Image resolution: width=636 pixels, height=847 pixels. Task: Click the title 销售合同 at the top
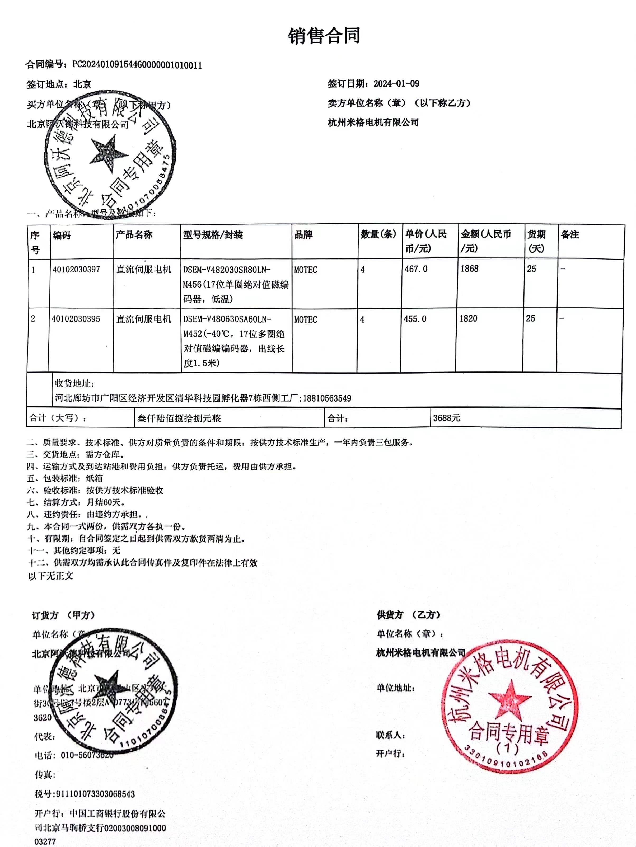click(324, 36)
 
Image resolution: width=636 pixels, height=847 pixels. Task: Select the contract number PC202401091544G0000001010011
click(137, 65)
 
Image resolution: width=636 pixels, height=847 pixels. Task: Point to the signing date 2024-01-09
click(396, 83)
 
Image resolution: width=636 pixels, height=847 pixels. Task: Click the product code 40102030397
click(76, 270)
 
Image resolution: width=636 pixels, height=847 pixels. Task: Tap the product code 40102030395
click(76, 319)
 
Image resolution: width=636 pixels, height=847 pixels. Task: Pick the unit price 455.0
click(415, 319)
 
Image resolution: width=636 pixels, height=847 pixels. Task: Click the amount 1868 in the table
click(469, 269)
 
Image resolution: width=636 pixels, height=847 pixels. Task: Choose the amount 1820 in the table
click(468, 319)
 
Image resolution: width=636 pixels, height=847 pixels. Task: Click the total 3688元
click(447, 418)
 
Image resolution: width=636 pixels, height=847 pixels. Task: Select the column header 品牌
click(303, 235)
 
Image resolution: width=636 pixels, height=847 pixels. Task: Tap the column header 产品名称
click(134, 235)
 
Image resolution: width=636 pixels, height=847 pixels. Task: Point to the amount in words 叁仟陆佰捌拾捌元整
click(179, 418)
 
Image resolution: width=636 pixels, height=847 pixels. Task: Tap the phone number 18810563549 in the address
click(327, 398)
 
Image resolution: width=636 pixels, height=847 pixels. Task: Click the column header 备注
click(570, 235)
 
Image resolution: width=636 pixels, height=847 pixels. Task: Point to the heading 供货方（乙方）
click(408, 615)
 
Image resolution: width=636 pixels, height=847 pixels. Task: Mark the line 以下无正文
click(50, 576)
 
